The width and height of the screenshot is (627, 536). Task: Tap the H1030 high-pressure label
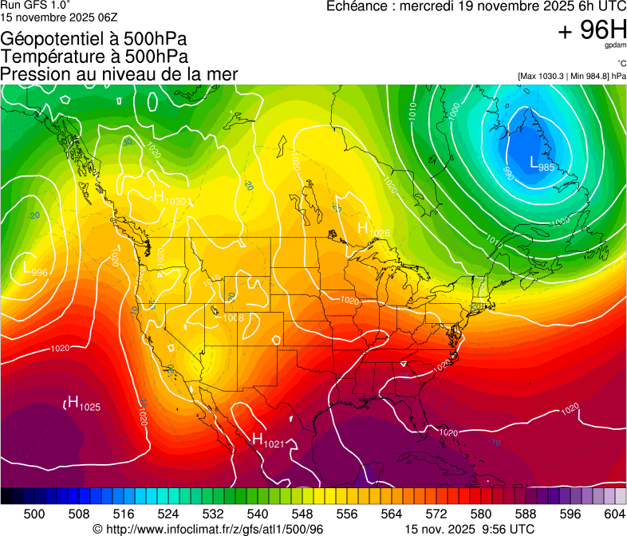(x=170, y=198)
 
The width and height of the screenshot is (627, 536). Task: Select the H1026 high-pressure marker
(x=373, y=230)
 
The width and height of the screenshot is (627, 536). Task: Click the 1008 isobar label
(x=233, y=318)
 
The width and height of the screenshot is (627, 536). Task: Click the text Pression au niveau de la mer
(x=119, y=74)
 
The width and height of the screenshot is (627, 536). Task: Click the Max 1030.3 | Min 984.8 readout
(x=571, y=76)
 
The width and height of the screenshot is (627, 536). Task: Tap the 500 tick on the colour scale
(x=34, y=514)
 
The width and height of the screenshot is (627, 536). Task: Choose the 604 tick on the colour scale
(x=615, y=514)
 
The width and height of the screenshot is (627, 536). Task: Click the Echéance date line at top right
(x=476, y=6)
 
